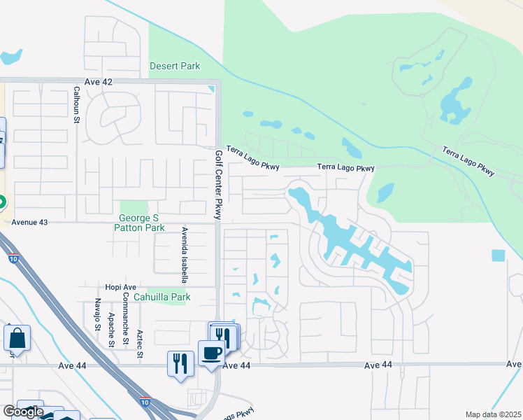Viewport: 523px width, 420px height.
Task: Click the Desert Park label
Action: pyautogui.click(x=175, y=66)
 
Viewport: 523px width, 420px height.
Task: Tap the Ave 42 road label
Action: pyautogui.click(x=98, y=82)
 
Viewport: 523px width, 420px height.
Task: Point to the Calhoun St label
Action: pyautogui.click(x=76, y=106)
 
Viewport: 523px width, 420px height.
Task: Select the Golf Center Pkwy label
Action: pyautogui.click(x=218, y=185)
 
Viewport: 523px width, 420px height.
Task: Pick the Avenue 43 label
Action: pyautogui.click(x=29, y=222)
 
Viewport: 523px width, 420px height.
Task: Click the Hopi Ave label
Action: pyautogui.click(x=122, y=288)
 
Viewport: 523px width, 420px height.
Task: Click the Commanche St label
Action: pyautogui.click(x=125, y=318)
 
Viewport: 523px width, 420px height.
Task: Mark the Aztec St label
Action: pyautogui.click(x=140, y=344)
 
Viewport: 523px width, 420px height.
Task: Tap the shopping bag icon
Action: pyautogui.click(x=17, y=338)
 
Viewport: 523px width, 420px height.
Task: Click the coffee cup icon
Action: pyautogui.click(x=211, y=352)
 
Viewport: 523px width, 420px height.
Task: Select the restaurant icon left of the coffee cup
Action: pyautogui.click(x=180, y=363)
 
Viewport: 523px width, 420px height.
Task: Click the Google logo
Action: pyautogui.click(x=24, y=412)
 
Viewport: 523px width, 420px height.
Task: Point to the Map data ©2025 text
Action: pyautogui.click(x=493, y=414)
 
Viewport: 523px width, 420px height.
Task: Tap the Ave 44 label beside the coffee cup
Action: pyautogui.click(x=236, y=366)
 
